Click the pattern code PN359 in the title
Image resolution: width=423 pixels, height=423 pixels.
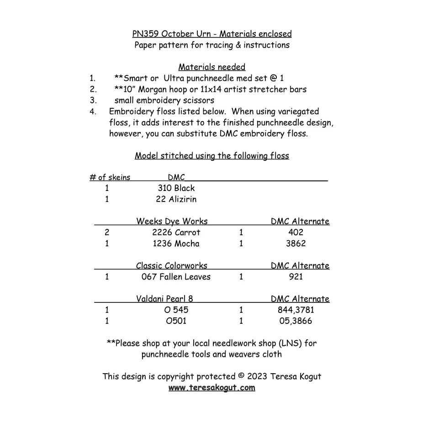[x=145, y=34]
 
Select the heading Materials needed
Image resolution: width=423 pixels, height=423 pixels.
[x=211, y=67]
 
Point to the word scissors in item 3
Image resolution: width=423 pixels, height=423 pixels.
[x=196, y=100]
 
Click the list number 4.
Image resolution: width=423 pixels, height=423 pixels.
[x=93, y=111]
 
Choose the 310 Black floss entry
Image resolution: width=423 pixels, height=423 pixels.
[x=176, y=188]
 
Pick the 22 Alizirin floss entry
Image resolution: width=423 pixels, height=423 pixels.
[x=176, y=199]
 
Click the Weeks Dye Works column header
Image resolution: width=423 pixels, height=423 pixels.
[x=172, y=222]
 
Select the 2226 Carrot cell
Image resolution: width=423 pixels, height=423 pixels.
[x=176, y=233]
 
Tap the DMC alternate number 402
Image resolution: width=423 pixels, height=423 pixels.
[x=296, y=233]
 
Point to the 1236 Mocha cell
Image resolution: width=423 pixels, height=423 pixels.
[x=176, y=243]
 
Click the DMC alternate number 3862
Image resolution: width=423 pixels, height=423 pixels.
[x=296, y=243]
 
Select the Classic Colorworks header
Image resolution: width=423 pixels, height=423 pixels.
[x=172, y=266]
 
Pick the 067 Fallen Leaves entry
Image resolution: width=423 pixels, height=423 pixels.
[x=176, y=277]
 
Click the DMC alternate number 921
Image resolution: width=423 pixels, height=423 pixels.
[x=296, y=277]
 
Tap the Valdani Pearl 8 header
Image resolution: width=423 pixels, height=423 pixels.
[x=164, y=299]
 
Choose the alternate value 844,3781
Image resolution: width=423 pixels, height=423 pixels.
[x=296, y=310]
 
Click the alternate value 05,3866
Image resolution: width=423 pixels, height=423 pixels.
[x=296, y=321]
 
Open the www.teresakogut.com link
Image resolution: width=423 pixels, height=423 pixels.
[x=211, y=388]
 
